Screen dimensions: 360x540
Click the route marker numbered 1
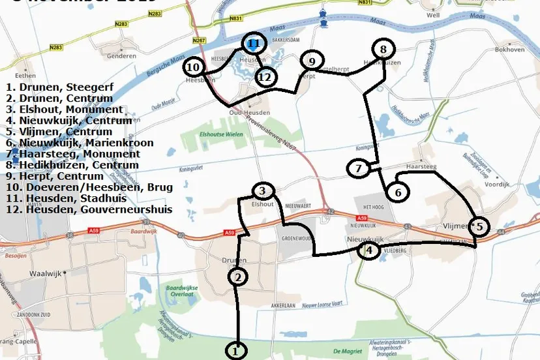[x=236, y=350]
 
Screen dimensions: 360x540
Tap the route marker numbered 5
[x=478, y=226]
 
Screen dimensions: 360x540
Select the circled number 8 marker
[x=383, y=49]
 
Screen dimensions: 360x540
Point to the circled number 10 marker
[x=193, y=67]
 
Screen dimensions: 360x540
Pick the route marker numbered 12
[x=265, y=77]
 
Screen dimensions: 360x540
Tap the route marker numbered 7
[x=358, y=169]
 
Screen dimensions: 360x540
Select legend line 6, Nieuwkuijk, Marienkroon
[x=78, y=143]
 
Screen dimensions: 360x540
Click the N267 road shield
[x=199, y=41]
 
